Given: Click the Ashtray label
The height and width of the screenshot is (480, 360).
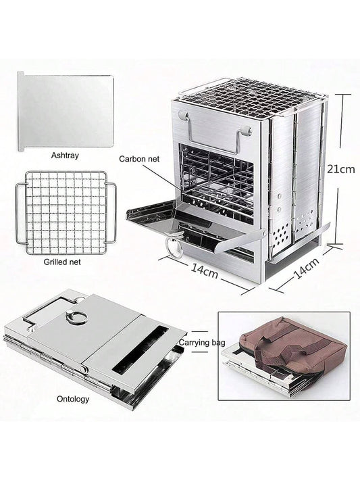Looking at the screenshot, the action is (65, 155).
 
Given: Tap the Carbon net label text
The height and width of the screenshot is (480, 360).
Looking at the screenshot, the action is (139, 159).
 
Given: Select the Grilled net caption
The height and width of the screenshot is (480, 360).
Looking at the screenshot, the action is (62, 262).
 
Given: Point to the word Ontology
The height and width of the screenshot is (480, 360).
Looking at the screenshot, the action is (73, 399).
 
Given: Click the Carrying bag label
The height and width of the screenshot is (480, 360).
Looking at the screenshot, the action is (202, 342).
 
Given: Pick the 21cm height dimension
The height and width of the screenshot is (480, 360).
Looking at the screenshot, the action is (341, 169).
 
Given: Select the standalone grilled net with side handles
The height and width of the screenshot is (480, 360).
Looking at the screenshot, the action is (66, 212).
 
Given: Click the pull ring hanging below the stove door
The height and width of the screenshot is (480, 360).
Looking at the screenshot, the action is (174, 246).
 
